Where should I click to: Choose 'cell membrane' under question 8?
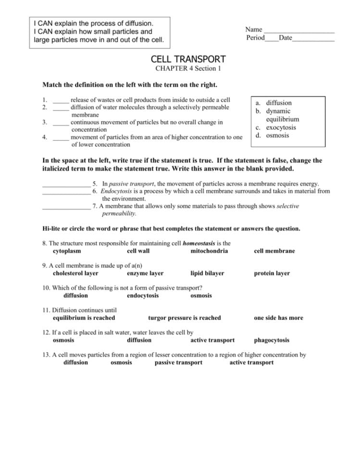pos(274,251)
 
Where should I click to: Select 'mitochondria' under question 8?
pos(209,251)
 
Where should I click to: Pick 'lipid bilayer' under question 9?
pos(207,273)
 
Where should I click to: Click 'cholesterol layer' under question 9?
pos(75,273)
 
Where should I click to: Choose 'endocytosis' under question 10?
pos(143,295)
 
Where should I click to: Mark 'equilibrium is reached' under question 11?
pos(84,318)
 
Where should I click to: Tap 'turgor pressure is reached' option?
pos(185,318)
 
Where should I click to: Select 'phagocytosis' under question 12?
pos(272,340)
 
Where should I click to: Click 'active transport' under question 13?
pos(251,362)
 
